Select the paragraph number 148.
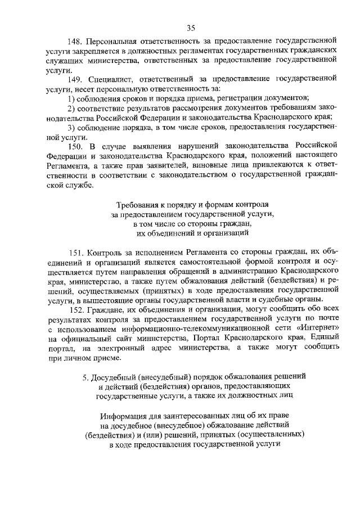75,42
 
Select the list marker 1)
71,98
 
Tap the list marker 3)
71,127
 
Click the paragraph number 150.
75,146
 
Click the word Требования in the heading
137,204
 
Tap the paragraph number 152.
75,310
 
